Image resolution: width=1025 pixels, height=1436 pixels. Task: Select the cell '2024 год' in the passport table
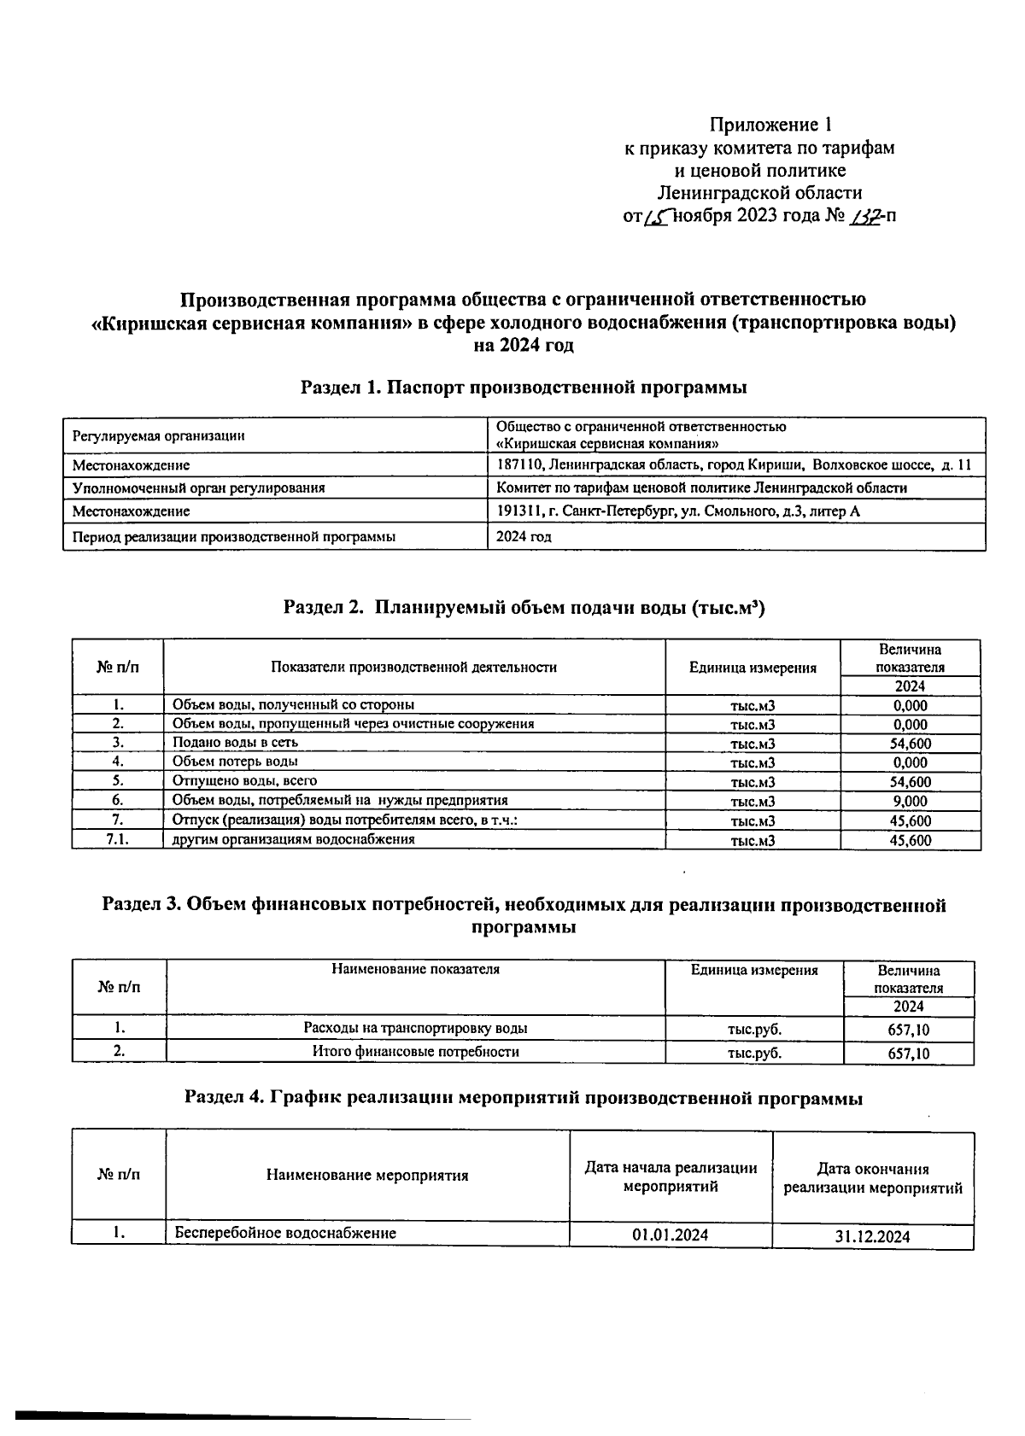pos(524,537)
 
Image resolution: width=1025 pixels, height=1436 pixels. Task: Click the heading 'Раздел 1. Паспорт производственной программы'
pos(524,388)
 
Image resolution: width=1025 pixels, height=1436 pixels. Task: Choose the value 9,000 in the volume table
pos(910,801)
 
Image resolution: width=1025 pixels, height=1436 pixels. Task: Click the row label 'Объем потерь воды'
pos(235,761)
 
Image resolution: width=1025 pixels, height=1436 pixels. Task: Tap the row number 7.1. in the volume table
pos(117,839)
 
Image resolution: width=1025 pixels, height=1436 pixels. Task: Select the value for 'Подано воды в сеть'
pos(910,744)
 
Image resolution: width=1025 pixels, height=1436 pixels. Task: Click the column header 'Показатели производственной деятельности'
pos(413,667)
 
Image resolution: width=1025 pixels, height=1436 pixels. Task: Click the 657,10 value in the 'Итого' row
pos(908,1054)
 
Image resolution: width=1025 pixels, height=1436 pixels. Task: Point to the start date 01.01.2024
pos(671,1235)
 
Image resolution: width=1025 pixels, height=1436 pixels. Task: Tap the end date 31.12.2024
pos(872,1236)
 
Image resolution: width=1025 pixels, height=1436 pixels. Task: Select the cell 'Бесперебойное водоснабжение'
pos(285,1233)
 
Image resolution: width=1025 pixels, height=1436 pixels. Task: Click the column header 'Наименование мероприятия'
pos(367,1176)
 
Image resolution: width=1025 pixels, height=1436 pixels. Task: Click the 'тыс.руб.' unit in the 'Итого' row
pos(754,1053)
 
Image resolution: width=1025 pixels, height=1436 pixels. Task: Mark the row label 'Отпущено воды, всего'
pos(244,780)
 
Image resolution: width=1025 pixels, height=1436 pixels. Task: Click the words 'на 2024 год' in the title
pos(524,346)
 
